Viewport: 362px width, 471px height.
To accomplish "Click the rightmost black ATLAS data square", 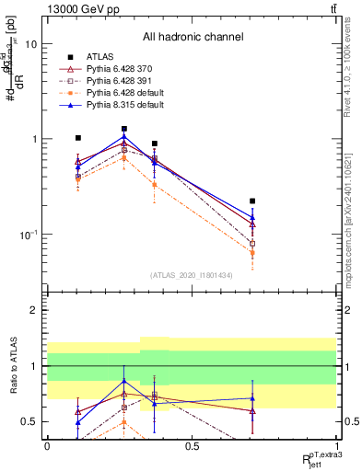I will pos(252,201).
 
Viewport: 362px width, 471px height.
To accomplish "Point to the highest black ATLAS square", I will pos(124,129).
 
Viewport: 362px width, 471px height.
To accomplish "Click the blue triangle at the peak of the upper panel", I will pos(124,137).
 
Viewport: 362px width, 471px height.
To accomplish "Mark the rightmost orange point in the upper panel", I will pos(252,253).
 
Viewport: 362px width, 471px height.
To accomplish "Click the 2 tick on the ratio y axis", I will pos(34,310).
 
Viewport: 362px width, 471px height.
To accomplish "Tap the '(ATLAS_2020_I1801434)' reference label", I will pos(193,275).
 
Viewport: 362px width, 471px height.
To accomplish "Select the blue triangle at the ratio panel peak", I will pos(124,381).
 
